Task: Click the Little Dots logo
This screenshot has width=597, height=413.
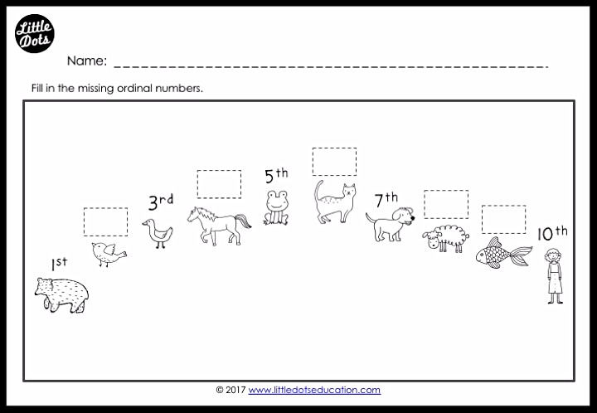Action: [x=35, y=33]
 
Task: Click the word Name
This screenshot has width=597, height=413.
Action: [x=87, y=61]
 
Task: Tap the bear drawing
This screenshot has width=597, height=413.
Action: [x=61, y=295]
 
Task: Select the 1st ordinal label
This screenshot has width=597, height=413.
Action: [x=60, y=264]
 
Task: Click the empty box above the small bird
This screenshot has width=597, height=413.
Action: [x=106, y=222]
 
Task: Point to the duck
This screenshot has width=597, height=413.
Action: [x=158, y=234]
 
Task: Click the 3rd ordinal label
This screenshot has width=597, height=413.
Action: [x=161, y=202]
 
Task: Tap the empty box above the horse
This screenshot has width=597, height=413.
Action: [x=219, y=184]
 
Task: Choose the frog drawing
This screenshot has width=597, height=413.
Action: [x=276, y=208]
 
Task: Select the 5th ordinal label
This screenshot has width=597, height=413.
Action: [x=276, y=176]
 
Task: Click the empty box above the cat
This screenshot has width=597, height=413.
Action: [x=335, y=162]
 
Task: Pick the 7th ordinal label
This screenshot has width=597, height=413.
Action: [x=386, y=200]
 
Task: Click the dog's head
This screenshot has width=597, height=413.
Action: [x=403, y=216]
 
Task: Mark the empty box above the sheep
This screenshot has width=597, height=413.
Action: [x=446, y=204]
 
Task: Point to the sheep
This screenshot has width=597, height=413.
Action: [x=446, y=238]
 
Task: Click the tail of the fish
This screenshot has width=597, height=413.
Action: [x=521, y=255]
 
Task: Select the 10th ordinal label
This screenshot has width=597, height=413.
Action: [x=552, y=233]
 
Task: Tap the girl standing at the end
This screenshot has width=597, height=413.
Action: [x=555, y=275]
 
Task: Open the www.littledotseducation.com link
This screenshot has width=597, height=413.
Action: [x=314, y=390]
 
